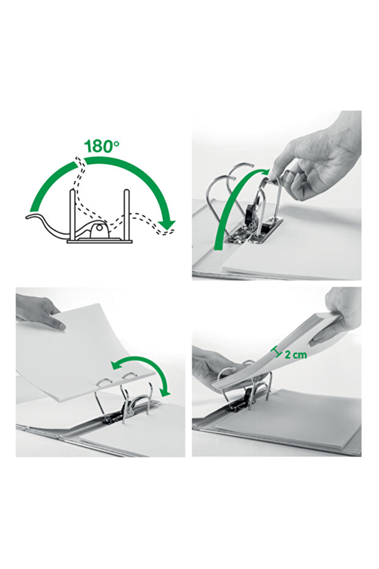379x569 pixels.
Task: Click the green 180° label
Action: pyautogui.click(x=101, y=145)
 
